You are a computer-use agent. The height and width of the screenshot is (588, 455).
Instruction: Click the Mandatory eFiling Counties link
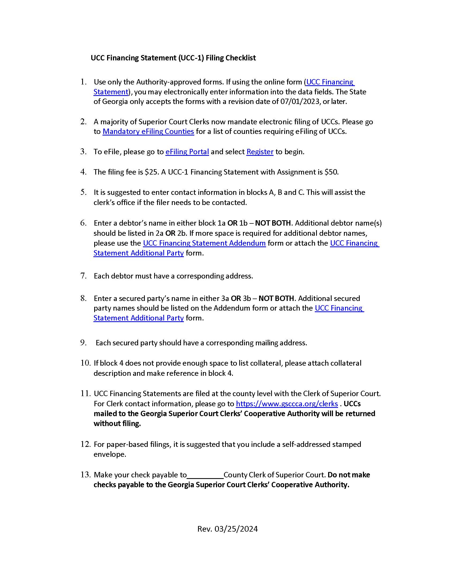(x=148, y=131)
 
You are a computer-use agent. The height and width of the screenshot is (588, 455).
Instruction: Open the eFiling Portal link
(x=187, y=152)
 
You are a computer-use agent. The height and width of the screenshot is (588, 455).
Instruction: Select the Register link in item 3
(x=260, y=152)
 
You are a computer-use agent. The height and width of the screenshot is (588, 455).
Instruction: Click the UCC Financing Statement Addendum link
(x=204, y=243)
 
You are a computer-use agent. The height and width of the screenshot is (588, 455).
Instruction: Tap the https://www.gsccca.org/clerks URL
(x=287, y=404)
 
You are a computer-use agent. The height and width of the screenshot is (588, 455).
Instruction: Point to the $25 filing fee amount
(x=151, y=172)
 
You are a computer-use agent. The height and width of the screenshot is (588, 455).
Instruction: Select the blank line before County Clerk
(x=205, y=475)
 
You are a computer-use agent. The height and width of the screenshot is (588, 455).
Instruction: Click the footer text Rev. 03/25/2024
(x=227, y=529)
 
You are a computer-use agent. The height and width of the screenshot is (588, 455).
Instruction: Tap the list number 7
(x=83, y=276)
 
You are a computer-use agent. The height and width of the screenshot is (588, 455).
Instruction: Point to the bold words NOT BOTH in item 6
(x=273, y=223)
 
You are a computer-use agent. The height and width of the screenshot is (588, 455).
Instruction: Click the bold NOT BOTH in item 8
(x=276, y=298)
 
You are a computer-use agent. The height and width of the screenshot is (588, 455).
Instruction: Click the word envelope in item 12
(x=109, y=454)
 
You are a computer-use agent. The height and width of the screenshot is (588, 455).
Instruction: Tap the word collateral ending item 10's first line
(x=346, y=363)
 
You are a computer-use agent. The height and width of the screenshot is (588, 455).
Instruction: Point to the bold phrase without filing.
(x=117, y=424)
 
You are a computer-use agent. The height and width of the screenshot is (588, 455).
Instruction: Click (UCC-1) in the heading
(x=191, y=58)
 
